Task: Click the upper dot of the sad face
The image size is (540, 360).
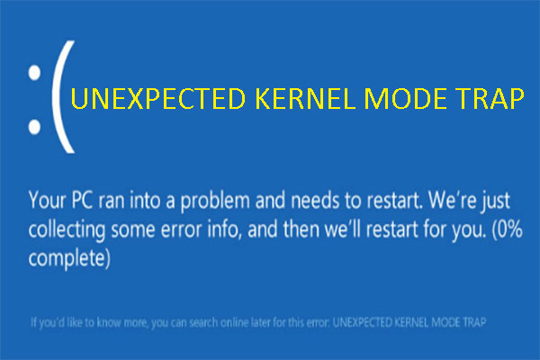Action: pos(34,73)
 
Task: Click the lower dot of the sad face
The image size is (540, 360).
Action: pos(34,127)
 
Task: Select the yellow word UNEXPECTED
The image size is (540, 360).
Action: pos(158,98)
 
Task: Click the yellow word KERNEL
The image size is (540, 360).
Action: pos(305,98)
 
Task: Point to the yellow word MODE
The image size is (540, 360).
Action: pos(405,98)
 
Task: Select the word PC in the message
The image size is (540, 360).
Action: pos(82,200)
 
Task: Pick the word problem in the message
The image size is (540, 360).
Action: pos(215,202)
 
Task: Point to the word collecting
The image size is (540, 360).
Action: pos(67,230)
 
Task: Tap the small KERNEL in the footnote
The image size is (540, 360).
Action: pos(411,322)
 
